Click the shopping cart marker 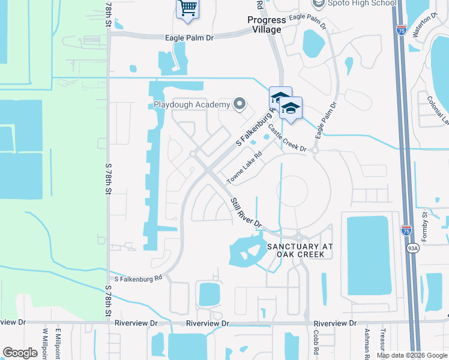[188, 9]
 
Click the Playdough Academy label [191, 105]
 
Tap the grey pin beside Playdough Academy [240, 104]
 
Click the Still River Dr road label [246, 212]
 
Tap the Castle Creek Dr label [287, 139]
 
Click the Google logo [20, 353]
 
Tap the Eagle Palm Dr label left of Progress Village [190, 37]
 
